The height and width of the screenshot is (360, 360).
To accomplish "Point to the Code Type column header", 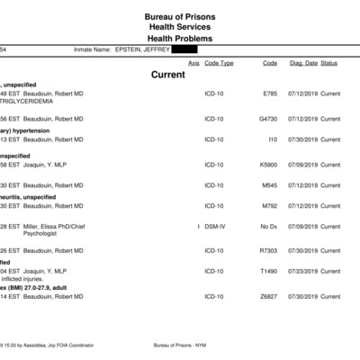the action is click(x=219, y=63).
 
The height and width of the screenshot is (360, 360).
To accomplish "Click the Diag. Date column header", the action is click(x=302, y=63).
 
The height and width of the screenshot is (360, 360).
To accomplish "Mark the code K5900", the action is click(x=268, y=165).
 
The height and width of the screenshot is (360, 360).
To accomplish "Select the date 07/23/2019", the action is click(x=302, y=271).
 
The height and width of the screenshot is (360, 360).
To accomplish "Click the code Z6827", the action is click(x=268, y=296).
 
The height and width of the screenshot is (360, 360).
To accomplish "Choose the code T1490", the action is click(x=268, y=271).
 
